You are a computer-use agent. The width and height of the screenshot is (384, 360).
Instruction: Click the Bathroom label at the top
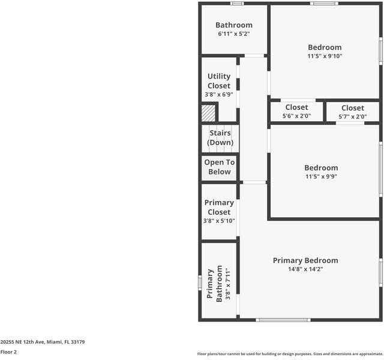tap(234, 25)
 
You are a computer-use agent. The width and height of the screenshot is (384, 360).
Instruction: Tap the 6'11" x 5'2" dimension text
tap(234, 34)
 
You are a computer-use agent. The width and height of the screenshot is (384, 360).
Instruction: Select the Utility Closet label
tap(219, 81)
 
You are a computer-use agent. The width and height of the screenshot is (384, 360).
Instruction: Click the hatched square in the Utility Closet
tap(208, 113)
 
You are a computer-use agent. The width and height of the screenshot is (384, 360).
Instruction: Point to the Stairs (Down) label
tap(220, 138)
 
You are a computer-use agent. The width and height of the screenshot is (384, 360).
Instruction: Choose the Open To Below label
tap(220, 167)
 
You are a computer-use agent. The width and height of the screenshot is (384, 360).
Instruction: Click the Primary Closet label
tap(219, 208)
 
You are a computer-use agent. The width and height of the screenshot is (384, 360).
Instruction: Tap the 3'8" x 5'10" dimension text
tap(219, 221)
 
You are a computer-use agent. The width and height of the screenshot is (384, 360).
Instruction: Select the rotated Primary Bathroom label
tap(215, 285)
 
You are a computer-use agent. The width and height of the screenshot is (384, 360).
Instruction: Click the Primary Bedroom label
tap(305, 260)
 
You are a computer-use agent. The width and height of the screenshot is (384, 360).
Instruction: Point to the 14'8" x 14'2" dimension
tap(305, 269)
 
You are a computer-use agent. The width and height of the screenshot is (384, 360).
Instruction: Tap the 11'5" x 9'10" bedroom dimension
tap(325, 56)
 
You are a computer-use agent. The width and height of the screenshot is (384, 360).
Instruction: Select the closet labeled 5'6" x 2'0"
tap(296, 112)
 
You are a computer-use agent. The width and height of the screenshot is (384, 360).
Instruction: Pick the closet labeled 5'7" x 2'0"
tap(353, 112)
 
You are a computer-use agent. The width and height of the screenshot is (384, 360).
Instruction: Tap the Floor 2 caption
tap(8, 352)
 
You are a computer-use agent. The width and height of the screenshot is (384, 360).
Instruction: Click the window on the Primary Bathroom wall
tap(200, 282)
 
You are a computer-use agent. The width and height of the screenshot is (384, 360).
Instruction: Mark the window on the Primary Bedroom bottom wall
tap(283, 320)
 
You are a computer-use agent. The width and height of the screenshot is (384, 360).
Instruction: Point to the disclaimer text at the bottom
tap(290, 354)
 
